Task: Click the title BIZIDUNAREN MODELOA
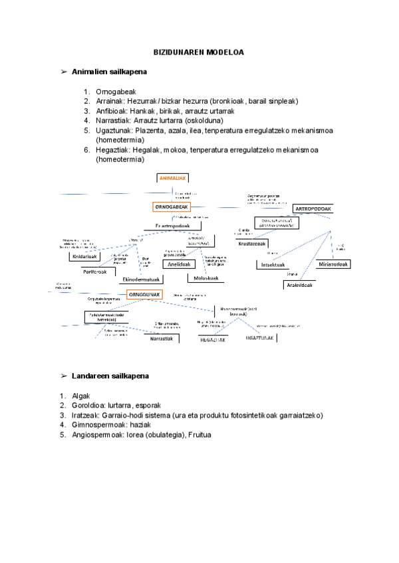pyautogui.click(x=199, y=52)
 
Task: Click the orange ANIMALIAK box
pyautogui.click(x=173, y=177)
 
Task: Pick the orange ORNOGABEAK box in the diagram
pyautogui.click(x=172, y=207)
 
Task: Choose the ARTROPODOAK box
pyautogui.click(x=313, y=209)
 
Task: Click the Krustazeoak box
pyautogui.click(x=252, y=244)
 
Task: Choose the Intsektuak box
pyautogui.click(x=275, y=265)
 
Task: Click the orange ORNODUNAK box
pyautogui.click(x=145, y=294)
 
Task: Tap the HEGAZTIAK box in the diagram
pyautogui.click(x=213, y=339)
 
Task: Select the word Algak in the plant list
pyautogui.click(x=81, y=396)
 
